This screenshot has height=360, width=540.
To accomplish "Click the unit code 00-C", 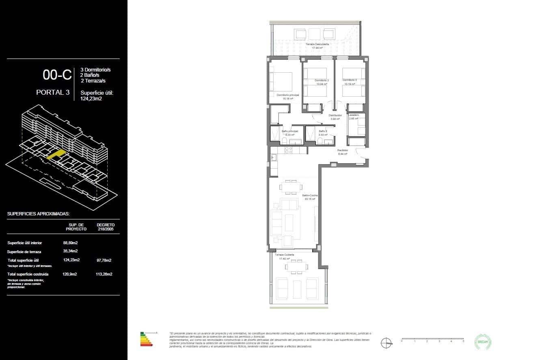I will [57, 75].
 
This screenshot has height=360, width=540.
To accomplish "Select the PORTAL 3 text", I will [52, 92].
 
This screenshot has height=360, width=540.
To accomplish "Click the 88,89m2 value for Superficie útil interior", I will [70, 243].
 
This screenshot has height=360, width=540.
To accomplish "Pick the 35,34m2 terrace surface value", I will [70, 252].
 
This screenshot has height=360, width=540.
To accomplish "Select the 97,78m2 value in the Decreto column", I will [104, 260].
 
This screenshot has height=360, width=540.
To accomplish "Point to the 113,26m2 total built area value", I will [104, 274].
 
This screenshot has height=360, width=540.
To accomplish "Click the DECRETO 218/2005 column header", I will [106, 227].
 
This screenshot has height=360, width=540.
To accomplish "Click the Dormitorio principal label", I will [288, 95].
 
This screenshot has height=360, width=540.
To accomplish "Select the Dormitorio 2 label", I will [321, 80].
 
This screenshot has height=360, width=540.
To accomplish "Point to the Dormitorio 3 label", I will [349, 80].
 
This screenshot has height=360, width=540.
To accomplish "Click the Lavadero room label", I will [353, 115].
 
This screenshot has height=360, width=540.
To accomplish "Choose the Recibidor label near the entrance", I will [343, 150].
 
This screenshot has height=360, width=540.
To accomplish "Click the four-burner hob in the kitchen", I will [289, 150].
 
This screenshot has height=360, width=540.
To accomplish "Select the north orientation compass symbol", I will [386, 343].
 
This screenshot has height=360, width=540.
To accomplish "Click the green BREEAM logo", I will [483, 342].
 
